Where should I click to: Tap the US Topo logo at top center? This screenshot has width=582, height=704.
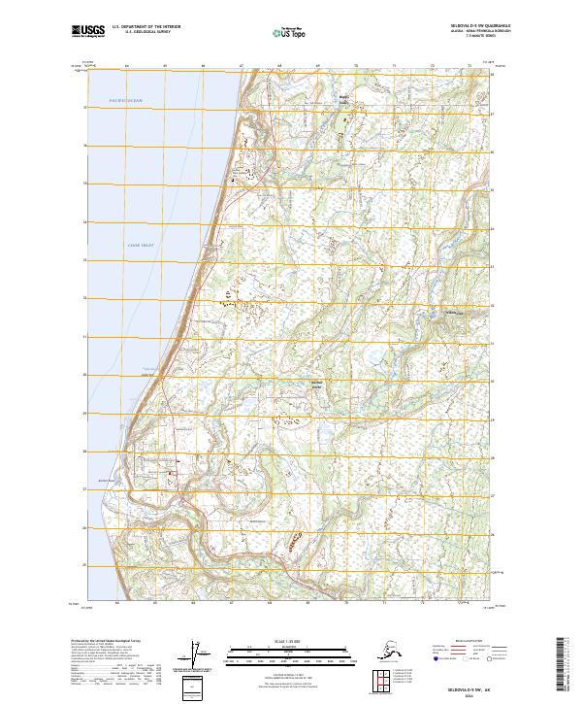tap(288, 32)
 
